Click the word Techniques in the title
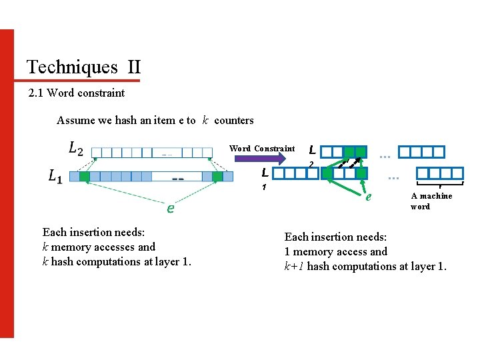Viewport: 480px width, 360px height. point(71,67)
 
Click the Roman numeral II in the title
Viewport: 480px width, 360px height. point(132,67)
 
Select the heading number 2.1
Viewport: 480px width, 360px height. point(36,93)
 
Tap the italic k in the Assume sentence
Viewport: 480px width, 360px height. point(205,121)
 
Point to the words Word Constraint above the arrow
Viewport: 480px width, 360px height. point(262,148)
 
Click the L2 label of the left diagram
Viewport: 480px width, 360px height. point(76,149)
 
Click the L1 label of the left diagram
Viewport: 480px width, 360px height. point(56,177)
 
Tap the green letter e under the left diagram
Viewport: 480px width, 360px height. point(171,208)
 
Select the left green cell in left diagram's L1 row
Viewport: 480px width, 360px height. point(85,177)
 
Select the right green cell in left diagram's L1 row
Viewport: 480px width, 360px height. point(217,177)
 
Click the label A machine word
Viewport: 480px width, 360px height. point(431,201)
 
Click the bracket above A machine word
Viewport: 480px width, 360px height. point(439,185)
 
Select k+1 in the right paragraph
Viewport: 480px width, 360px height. point(295,267)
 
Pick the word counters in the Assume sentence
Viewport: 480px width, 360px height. point(234,121)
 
